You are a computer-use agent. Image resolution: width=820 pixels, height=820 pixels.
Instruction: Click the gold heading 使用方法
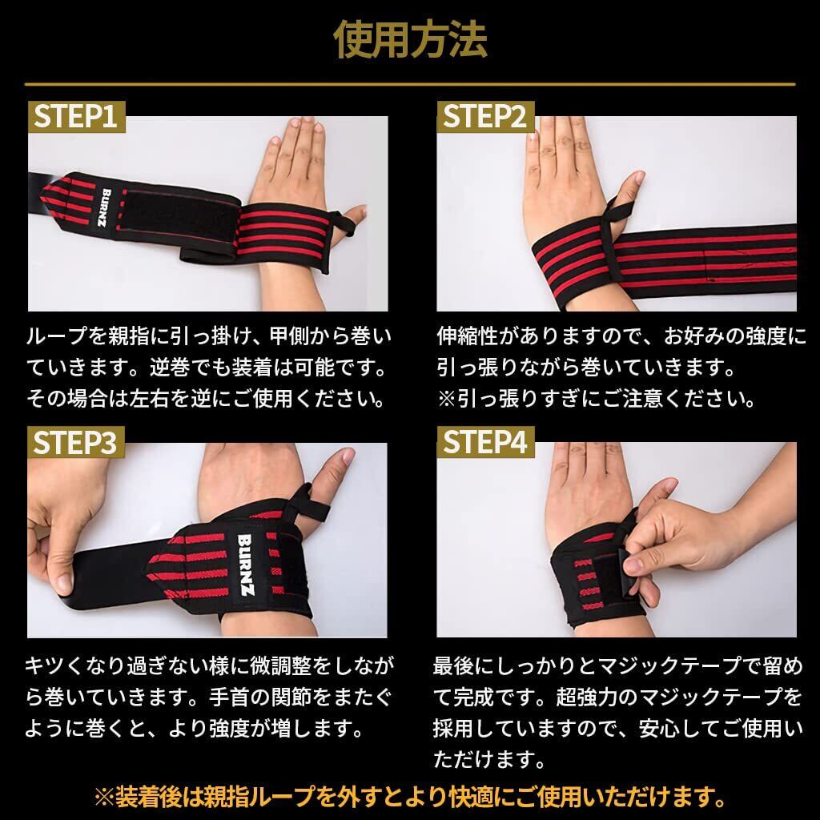[x=410, y=39]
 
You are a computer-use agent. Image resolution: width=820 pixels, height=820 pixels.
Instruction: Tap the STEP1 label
[x=76, y=117]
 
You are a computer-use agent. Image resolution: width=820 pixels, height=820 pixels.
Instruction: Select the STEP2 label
[x=485, y=117]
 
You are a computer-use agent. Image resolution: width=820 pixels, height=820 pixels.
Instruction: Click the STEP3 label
[x=76, y=442]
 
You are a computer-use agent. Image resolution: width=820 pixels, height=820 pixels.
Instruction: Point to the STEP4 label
[x=485, y=442]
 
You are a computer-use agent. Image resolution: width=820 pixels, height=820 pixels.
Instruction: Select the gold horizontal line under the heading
[x=410, y=83]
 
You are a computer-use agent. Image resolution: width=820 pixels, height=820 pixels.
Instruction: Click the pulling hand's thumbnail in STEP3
[x=64, y=582]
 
